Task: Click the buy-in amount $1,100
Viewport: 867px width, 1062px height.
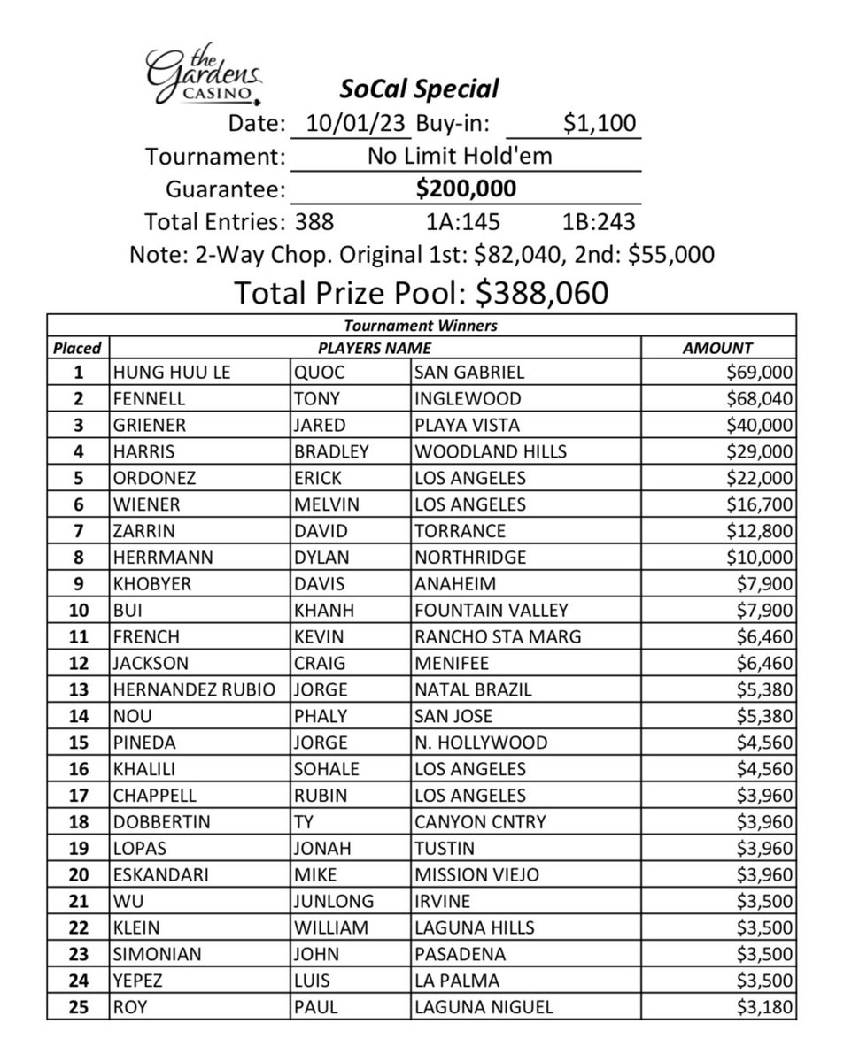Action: point(600,123)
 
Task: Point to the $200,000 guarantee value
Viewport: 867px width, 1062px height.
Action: point(466,189)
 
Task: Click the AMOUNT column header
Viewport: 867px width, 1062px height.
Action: point(717,348)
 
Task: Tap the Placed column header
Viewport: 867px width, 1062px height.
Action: point(78,348)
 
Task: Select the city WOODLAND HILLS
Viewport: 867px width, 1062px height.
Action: point(490,451)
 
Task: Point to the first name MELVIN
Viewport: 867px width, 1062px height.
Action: point(325,504)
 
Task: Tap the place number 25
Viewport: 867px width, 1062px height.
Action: point(78,1006)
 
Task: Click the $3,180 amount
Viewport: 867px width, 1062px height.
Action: point(762,1006)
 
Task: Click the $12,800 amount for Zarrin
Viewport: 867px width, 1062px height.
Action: point(759,531)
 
